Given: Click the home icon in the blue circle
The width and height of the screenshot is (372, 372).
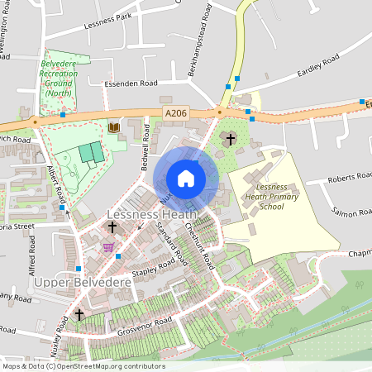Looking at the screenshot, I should [x=186, y=178].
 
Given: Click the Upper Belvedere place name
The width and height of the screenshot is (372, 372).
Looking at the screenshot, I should [x=73, y=282].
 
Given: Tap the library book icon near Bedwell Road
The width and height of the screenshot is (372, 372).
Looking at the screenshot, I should [x=113, y=127].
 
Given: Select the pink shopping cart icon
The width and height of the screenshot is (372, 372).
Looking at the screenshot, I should [x=107, y=246].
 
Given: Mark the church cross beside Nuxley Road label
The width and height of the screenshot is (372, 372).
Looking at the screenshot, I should [x=79, y=314].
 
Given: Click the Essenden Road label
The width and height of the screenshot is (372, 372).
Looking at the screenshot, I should [x=130, y=84].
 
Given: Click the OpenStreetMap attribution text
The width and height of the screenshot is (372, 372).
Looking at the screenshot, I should [x=83, y=366].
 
